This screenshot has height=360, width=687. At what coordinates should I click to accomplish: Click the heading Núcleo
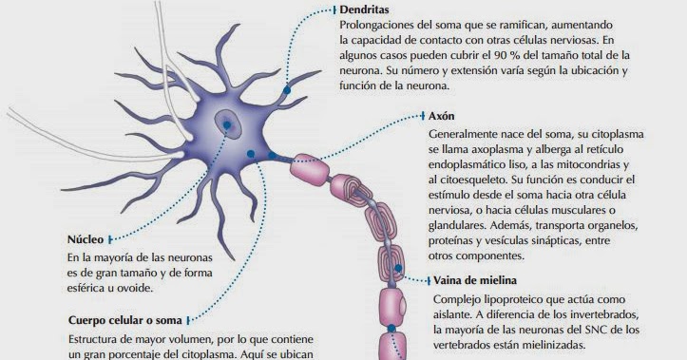pos(86,239)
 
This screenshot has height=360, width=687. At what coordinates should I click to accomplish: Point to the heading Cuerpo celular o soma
pos(125,320)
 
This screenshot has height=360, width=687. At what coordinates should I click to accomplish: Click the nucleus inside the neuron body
pos(227,122)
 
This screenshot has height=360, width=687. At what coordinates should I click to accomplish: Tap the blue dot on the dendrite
pos(285,91)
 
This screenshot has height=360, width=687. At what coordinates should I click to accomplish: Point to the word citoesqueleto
pos(483,178)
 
